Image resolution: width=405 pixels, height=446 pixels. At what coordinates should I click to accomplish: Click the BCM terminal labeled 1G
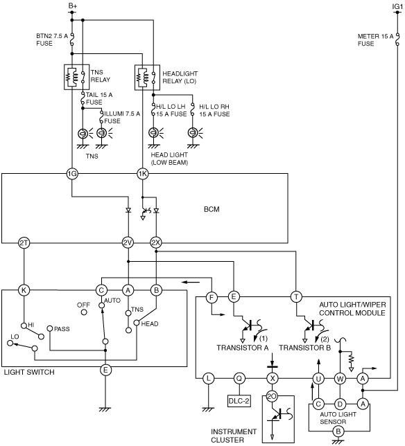point(72,174)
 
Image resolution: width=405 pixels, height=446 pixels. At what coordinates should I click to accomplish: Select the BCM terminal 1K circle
point(143,174)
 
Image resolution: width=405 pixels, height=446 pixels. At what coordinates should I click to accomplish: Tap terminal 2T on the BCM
point(24,243)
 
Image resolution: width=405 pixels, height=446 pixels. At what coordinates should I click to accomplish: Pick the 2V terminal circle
point(128,243)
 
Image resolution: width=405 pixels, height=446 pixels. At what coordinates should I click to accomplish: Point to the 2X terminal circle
point(156,243)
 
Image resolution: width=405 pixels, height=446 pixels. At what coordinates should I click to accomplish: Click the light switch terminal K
point(24,290)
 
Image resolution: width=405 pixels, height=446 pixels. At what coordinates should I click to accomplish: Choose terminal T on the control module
point(296,297)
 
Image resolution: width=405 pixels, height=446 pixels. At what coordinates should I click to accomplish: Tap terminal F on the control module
point(212,298)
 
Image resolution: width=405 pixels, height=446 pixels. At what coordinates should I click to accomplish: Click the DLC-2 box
point(239,401)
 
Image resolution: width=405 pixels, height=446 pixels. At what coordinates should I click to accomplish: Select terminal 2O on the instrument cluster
point(272,396)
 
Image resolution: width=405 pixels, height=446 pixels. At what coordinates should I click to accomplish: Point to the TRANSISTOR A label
point(242,348)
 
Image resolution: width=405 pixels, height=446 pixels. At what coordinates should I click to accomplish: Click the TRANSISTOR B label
point(304,348)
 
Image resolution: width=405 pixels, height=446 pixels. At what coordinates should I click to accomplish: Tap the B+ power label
point(73,6)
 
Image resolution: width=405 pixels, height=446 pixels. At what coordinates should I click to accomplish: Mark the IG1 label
point(397,6)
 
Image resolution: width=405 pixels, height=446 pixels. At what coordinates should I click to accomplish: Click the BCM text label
point(212,209)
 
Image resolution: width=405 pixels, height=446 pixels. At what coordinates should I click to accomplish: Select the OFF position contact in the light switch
point(84,312)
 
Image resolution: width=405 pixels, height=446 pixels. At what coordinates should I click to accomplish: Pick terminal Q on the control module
point(239,379)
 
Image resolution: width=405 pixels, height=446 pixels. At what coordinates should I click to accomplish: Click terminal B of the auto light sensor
point(338,431)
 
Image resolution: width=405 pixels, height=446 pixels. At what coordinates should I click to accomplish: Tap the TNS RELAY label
point(101,76)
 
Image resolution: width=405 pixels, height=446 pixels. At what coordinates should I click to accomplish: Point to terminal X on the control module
point(273,379)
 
